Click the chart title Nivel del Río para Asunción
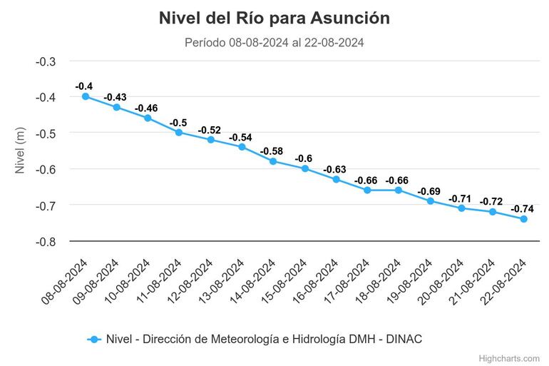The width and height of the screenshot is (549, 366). coord(274,18)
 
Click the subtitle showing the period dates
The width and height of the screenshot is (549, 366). coord(274,43)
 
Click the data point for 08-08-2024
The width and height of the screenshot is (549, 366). coord(86,96)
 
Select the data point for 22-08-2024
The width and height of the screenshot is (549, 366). coord(524,219)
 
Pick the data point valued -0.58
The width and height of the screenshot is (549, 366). coord(273,161)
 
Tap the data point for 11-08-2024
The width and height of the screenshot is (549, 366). coord(179,132)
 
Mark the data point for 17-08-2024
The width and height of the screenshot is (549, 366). coord(367,190)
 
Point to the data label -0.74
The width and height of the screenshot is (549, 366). coord(522,208)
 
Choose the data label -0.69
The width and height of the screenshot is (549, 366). coord(429,190)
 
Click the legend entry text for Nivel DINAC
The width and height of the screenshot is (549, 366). coord(264,339)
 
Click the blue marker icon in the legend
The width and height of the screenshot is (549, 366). coord(93,339)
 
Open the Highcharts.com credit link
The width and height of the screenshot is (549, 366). coord(509,357)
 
